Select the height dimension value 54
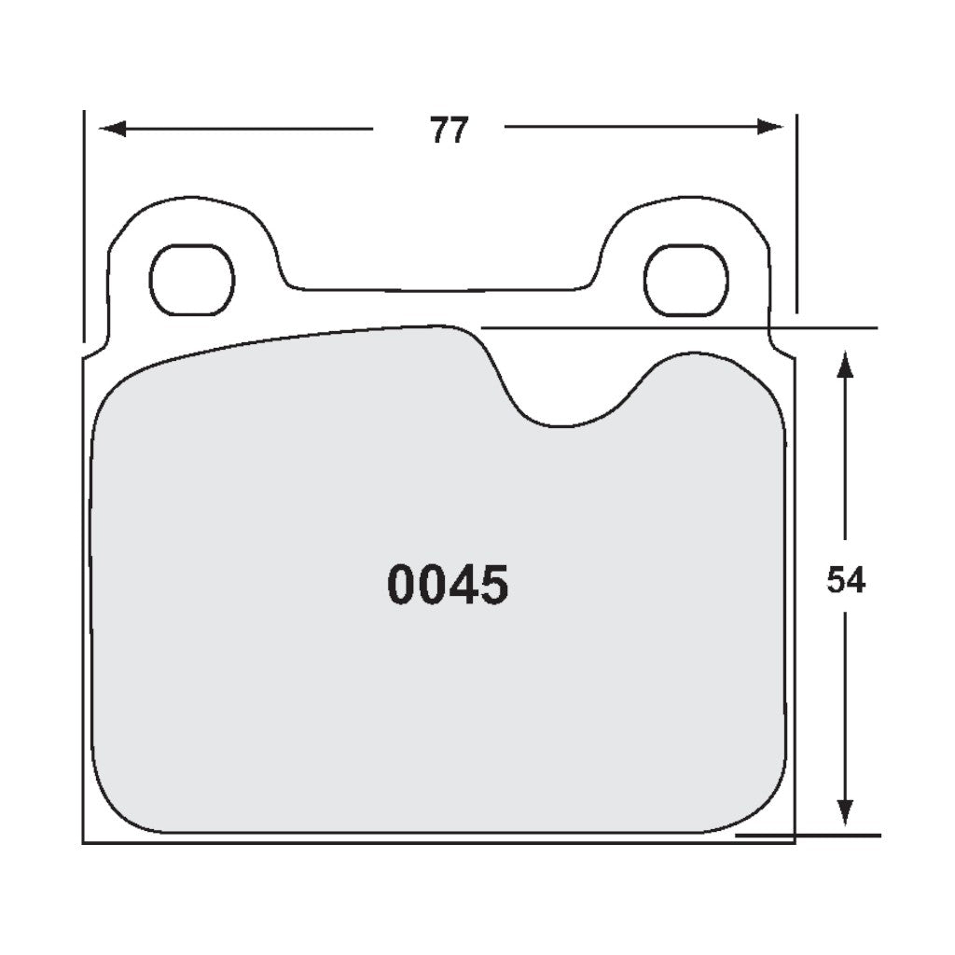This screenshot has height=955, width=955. point(845,581)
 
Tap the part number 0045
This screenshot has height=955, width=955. point(448,586)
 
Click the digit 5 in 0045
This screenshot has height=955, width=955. point(493,586)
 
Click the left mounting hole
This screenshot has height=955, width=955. point(191,280)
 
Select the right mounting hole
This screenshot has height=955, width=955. point(685,280)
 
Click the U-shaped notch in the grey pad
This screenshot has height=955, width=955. point(560,410)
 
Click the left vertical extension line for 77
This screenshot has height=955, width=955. point(84,224)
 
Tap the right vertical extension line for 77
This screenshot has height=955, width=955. point(796,215)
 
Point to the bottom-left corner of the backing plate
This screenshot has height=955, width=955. point(84,842)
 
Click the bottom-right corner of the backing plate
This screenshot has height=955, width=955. point(793,842)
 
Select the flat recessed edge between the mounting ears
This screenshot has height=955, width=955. point(438,290)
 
